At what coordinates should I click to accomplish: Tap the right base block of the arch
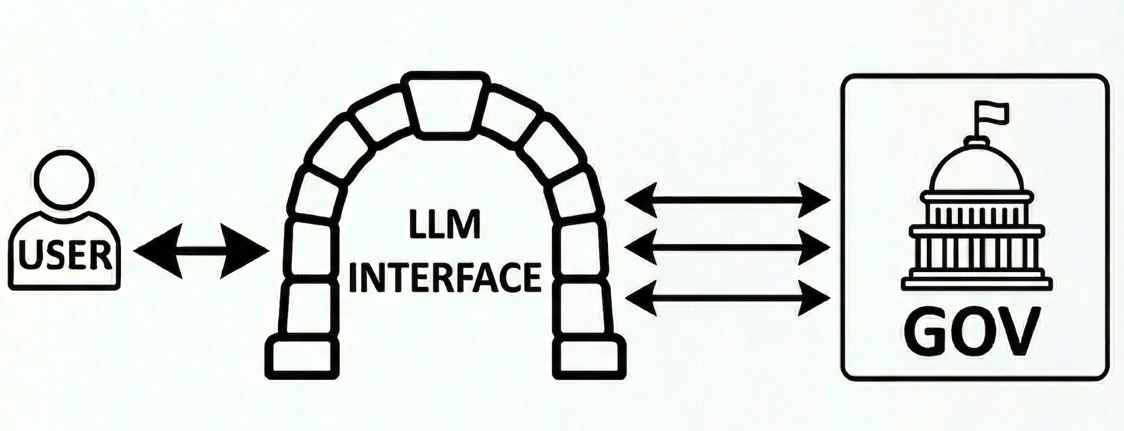[592, 358]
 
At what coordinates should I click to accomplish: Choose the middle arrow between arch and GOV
[727, 247]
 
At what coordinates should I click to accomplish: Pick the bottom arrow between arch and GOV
[727, 296]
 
